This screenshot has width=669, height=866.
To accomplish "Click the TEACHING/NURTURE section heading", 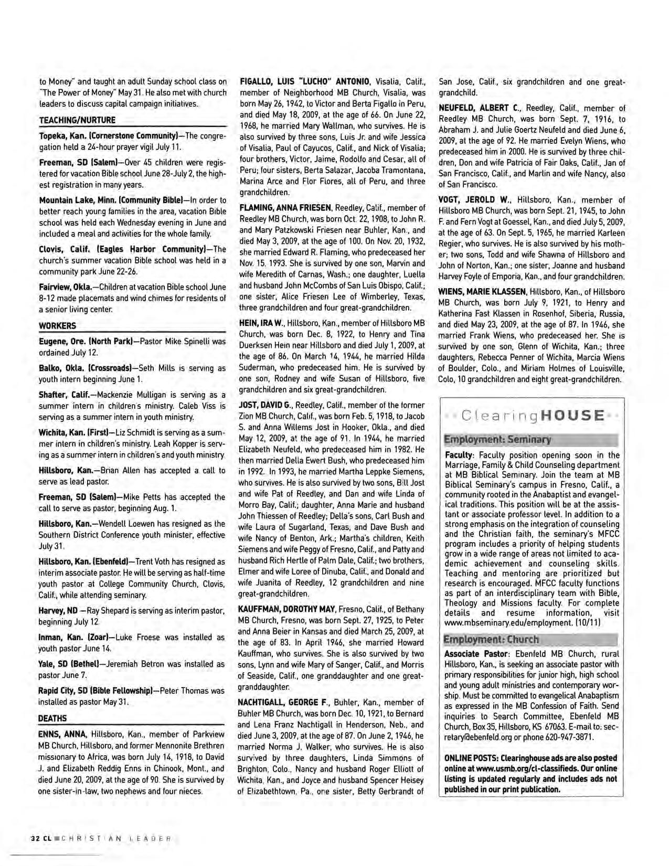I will (x=77, y=120).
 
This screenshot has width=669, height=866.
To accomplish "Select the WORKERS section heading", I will (x=57, y=325).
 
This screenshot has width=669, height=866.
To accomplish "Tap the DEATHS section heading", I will (x=52, y=718).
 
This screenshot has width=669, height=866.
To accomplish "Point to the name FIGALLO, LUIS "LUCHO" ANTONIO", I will (x=305, y=81).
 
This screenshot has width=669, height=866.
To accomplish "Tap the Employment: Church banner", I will (x=491, y=639).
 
